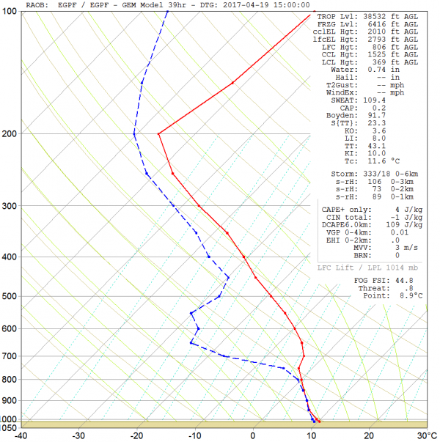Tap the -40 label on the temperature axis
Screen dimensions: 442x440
[21, 435]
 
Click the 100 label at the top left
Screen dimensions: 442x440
[11, 13]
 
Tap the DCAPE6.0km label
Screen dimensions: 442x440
[345, 224]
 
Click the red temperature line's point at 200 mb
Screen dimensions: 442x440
[158, 133]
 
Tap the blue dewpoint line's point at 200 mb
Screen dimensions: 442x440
[134, 133]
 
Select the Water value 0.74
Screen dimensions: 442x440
[376, 69]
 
